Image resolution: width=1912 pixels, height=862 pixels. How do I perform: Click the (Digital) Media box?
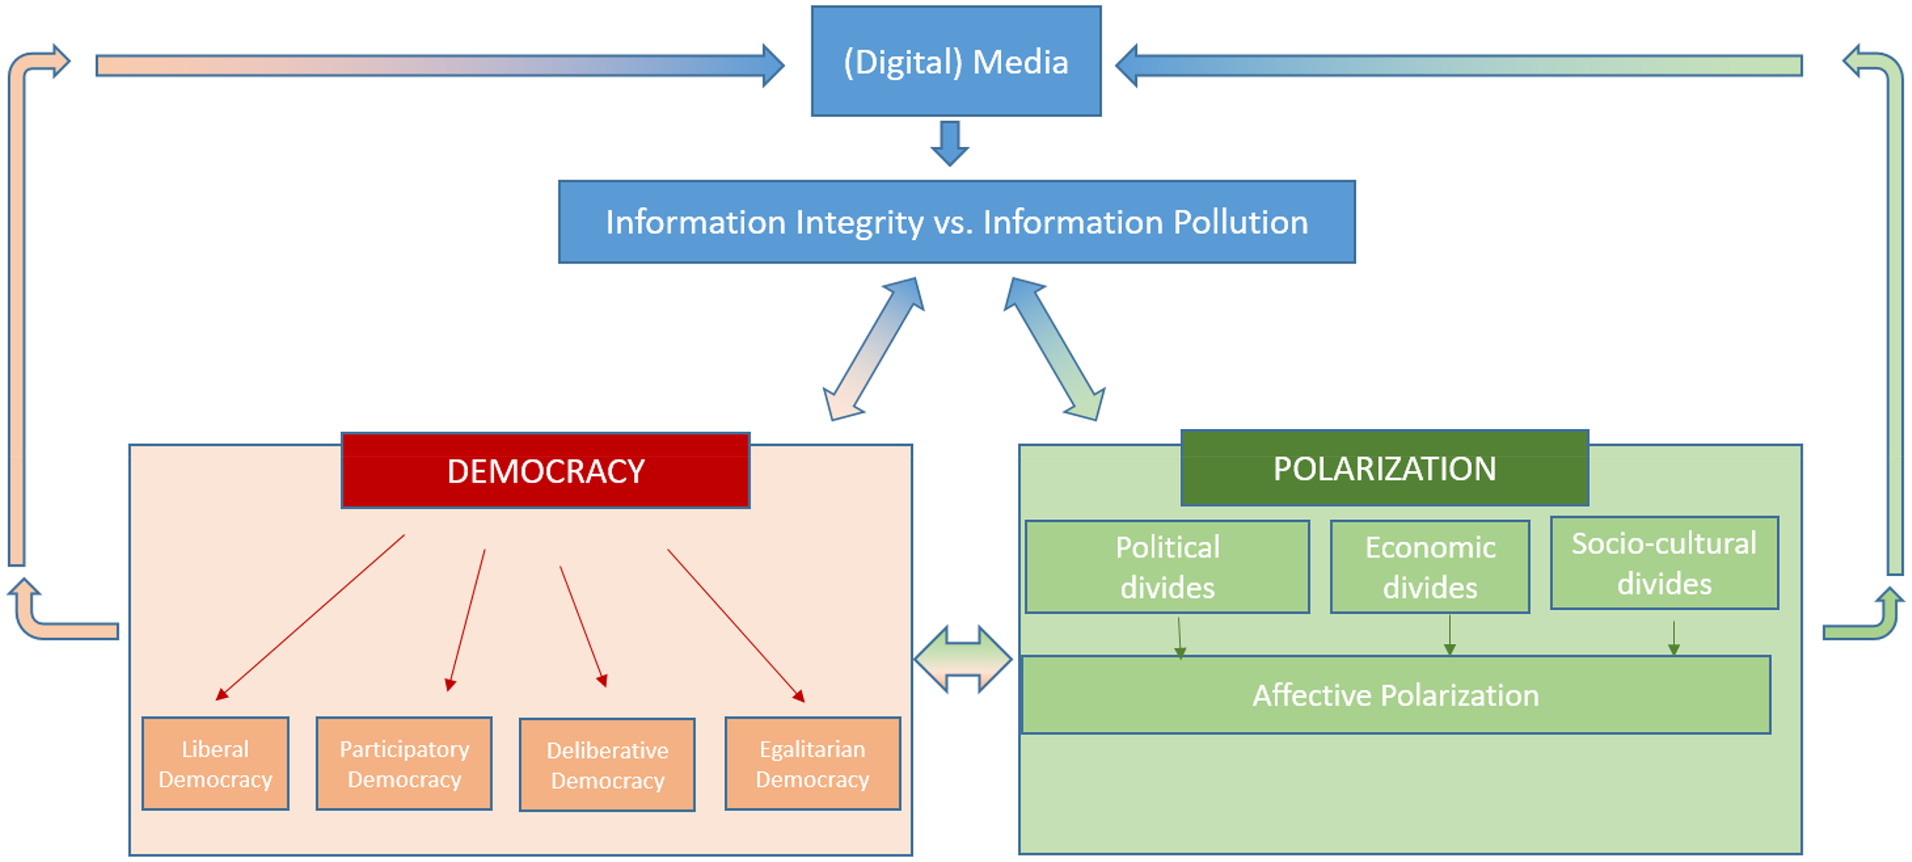click(956, 61)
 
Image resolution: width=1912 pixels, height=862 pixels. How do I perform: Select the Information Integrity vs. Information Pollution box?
click(957, 222)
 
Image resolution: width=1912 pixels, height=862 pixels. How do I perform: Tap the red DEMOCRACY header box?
click(546, 471)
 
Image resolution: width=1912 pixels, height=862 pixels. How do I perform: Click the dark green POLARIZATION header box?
click(1384, 468)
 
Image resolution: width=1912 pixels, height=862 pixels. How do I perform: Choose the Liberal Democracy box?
click(216, 763)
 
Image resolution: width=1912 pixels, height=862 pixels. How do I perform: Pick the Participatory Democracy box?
click(404, 763)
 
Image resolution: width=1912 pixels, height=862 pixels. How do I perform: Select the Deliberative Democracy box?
click(607, 764)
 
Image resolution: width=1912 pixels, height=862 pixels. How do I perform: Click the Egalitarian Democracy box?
click(813, 763)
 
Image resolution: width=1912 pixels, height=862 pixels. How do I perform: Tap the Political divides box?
click(1167, 567)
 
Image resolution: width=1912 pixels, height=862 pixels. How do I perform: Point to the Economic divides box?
click(1429, 567)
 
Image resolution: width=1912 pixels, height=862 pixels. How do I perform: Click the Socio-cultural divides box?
click(1664, 563)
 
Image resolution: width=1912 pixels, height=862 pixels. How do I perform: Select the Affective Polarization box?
click(1395, 695)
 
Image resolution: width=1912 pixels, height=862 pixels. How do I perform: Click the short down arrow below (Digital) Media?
click(950, 143)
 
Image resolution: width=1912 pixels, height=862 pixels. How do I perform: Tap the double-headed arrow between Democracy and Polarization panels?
click(963, 660)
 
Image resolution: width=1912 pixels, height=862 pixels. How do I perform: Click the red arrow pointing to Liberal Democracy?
click(310, 618)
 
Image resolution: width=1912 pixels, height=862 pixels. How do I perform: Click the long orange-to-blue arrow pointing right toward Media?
click(440, 65)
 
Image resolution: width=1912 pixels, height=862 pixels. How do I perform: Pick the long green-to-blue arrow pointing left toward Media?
click(1459, 65)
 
